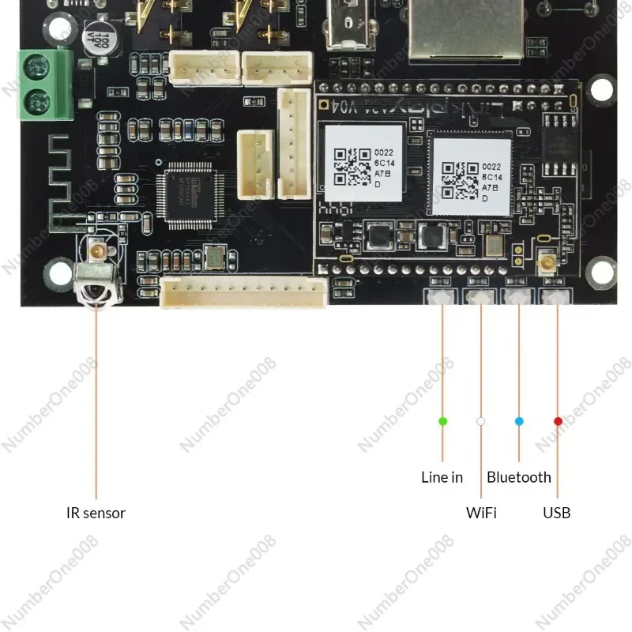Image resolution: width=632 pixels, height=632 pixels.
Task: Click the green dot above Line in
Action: point(442,421)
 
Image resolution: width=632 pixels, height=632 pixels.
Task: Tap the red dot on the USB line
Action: point(558,421)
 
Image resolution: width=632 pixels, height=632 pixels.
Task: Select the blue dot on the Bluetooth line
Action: point(519,421)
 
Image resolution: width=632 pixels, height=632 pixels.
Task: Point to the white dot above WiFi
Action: point(480,421)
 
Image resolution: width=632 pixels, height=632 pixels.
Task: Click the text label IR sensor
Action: point(96,513)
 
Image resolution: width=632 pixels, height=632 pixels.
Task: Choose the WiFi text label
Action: point(481,513)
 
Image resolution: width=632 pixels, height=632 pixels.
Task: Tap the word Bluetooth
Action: point(519,477)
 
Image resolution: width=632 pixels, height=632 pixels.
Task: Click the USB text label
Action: point(556,513)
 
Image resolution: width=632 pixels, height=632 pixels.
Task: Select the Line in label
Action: point(442,477)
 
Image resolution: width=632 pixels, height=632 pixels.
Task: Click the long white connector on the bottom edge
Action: point(244,294)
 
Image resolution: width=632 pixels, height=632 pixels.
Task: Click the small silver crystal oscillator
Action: point(214,257)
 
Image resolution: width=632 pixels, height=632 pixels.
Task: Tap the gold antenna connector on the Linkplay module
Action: point(545,265)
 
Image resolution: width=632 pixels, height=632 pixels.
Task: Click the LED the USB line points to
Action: point(558,297)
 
